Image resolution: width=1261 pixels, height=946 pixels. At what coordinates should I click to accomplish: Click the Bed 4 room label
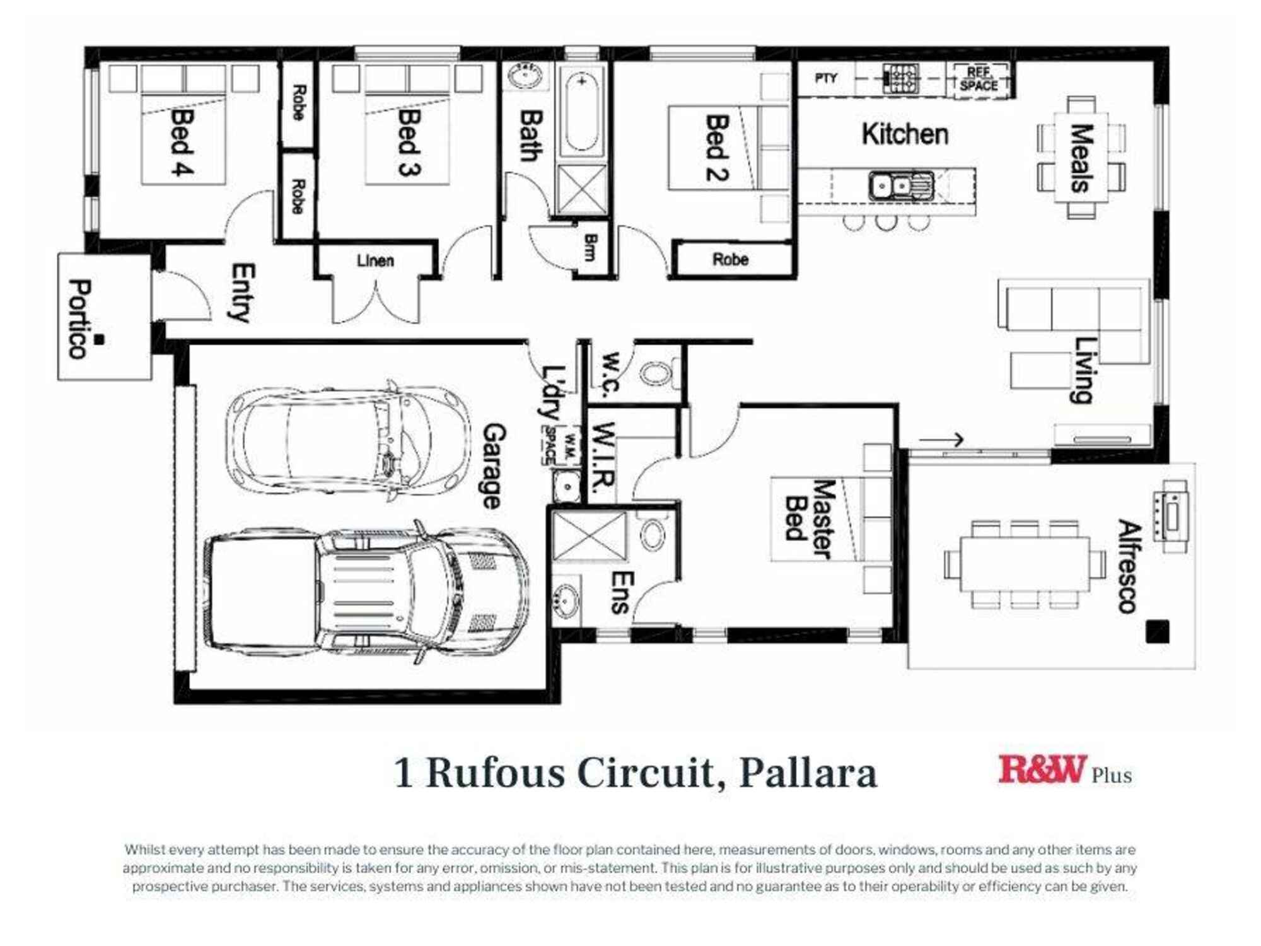182,143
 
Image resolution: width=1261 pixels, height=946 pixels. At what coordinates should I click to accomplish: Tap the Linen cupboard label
375,260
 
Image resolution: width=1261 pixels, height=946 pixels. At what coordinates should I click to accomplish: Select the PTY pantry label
826,78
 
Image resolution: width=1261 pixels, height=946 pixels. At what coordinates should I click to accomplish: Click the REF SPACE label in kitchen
979,79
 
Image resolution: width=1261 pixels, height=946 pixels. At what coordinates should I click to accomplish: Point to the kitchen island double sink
901,186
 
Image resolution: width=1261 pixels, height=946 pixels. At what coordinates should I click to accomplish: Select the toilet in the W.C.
659,373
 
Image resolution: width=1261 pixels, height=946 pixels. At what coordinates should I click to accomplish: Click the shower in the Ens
589,537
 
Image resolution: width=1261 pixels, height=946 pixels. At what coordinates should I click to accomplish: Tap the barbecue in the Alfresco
1171,516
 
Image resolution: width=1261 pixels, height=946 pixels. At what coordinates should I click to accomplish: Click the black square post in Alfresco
1157,632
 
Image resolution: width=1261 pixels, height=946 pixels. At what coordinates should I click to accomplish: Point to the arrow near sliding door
941,440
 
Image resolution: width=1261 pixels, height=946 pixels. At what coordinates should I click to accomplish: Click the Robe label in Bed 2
730,260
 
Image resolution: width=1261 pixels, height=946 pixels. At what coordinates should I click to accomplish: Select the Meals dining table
1081,158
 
